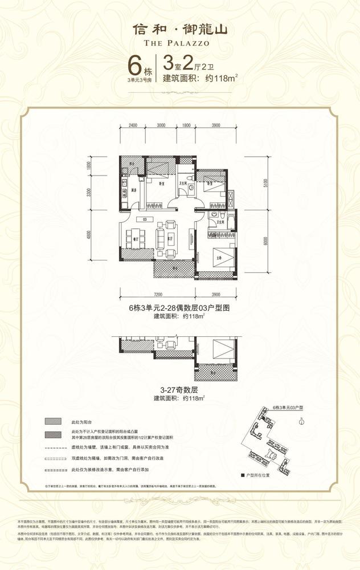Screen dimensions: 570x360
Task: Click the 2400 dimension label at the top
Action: (133, 125)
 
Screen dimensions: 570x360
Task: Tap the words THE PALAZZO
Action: (180, 42)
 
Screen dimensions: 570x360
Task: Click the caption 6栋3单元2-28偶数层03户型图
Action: (180, 308)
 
